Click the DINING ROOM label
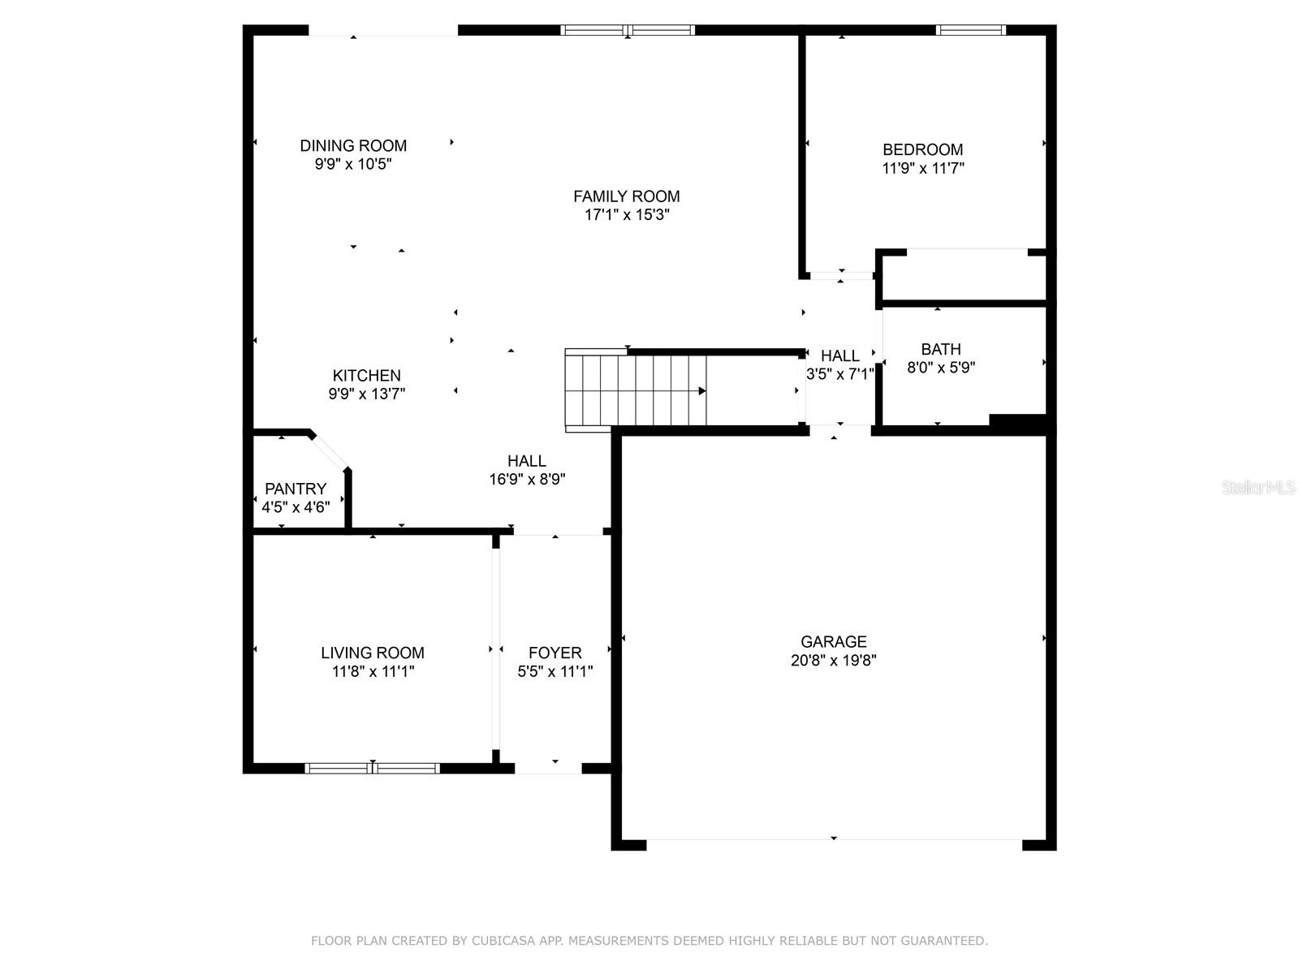click(x=353, y=145)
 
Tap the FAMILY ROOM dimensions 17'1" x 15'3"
click(x=627, y=214)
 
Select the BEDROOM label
click(x=922, y=149)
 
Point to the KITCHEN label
click(x=366, y=376)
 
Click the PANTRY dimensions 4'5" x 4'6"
click(x=296, y=506)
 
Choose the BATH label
click(x=941, y=350)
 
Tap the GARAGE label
click(x=833, y=642)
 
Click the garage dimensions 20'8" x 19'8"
click(x=833, y=660)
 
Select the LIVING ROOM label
click(x=372, y=653)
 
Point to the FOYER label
click(x=555, y=653)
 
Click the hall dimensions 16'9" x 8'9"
click(x=527, y=479)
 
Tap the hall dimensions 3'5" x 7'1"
click(x=839, y=374)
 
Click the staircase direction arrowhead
click(x=702, y=391)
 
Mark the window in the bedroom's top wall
click(x=970, y=30)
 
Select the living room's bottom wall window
click(x=372, y=768)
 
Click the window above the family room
click(x=628, y=30)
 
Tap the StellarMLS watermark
click(x=1258, y=488)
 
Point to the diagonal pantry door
click(x=329, y=452)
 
